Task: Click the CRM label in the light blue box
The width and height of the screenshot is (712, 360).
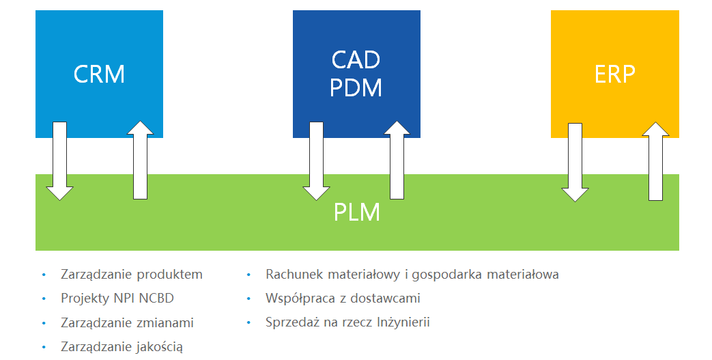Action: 100,74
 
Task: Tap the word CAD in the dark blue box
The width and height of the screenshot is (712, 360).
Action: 356,60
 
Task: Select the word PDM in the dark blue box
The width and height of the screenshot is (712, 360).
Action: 356,88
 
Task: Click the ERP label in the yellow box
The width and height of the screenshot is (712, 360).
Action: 614,74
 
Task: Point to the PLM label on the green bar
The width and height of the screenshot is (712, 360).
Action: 356,212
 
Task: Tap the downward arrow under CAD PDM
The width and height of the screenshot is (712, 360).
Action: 316,161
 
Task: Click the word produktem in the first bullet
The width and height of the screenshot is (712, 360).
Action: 170,275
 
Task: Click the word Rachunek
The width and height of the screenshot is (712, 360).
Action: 292,275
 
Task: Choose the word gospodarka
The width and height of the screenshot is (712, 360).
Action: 446,275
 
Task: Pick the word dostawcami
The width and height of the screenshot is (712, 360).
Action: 386,299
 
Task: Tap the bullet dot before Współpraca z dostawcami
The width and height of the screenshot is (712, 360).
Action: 249,299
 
